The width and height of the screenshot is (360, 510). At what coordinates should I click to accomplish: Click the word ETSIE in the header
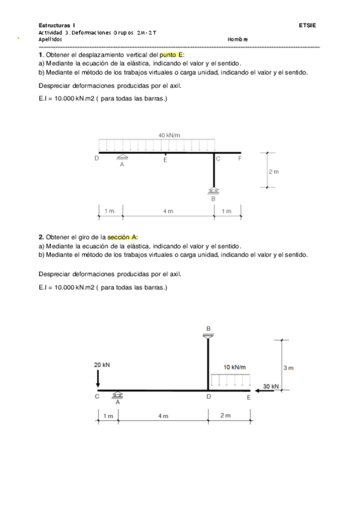coord(307,25)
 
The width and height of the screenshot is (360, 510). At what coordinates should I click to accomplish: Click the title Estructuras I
coord(56,25)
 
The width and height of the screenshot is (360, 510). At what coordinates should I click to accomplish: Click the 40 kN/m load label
coord(169,136)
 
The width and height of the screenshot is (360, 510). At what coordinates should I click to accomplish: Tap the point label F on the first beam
coord(240,159)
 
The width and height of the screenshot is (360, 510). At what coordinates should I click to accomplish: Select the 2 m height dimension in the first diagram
coord(273,171)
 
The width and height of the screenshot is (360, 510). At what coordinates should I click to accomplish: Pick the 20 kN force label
coord(102,364)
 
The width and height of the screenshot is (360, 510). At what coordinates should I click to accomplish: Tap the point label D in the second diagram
coord(209,398)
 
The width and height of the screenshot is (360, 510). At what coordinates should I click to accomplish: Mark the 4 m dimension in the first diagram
coord(168,211)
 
